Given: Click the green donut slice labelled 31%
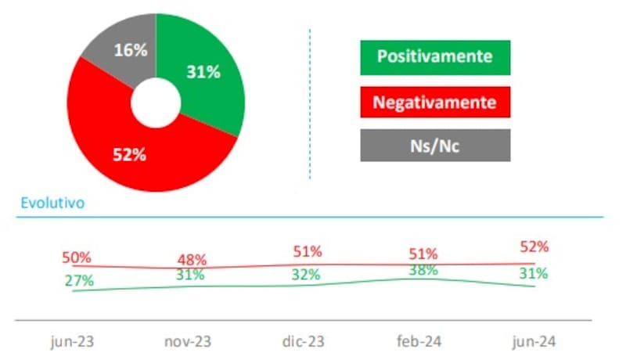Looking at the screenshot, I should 205,74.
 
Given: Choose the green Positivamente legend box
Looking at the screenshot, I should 435,57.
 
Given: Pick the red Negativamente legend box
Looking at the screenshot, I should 435,102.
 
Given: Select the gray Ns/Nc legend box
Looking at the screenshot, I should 435,146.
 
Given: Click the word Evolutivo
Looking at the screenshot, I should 52,203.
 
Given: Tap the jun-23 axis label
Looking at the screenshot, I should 73,342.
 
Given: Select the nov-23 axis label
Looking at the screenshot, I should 189,342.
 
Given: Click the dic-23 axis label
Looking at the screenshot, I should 303,342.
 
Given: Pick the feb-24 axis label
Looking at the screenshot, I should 419,342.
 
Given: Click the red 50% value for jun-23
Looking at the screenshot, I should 76,257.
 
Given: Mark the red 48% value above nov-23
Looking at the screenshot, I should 191,259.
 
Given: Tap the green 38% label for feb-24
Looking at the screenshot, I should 423,270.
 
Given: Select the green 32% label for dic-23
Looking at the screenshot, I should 305,275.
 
